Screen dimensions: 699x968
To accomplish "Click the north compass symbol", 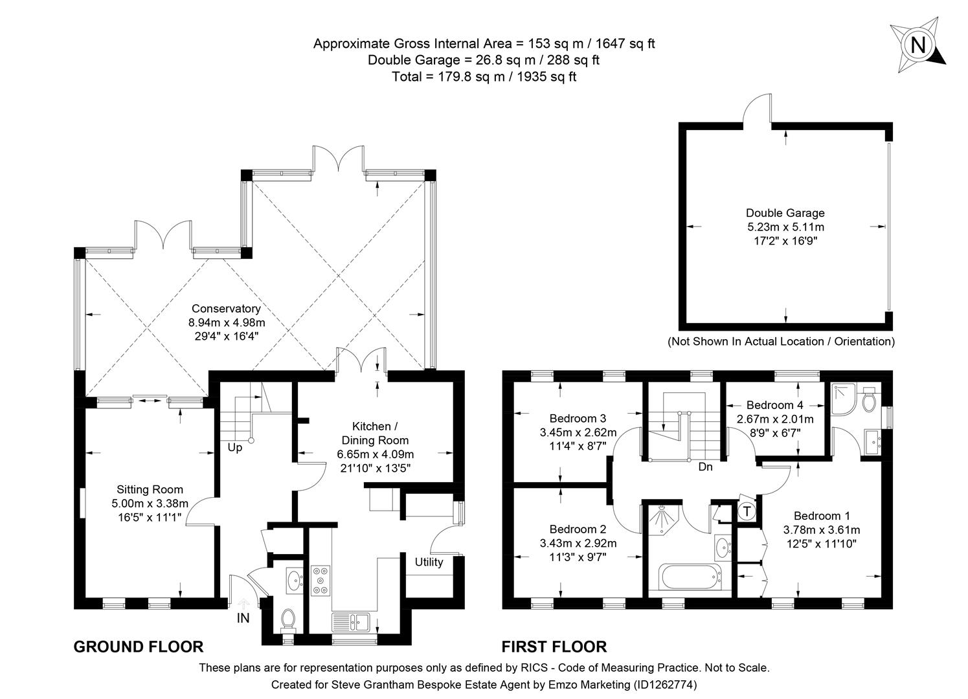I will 917,45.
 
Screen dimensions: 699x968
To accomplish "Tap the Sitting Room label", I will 150,489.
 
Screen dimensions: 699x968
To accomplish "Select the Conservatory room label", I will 226,309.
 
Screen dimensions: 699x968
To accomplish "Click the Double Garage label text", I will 785,212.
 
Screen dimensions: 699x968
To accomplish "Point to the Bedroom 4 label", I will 774,405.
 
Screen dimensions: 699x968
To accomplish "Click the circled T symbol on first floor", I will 747,511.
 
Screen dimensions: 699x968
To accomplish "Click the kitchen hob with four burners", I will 321,580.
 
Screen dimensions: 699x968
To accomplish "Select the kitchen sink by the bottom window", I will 350,622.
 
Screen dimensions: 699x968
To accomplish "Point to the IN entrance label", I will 243,618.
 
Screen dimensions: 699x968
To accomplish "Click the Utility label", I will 429,562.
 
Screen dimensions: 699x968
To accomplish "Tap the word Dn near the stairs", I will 705,466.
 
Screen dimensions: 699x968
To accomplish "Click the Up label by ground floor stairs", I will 234,447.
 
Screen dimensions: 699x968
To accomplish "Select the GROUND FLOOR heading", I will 139,646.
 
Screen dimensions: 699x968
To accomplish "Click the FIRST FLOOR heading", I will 554,646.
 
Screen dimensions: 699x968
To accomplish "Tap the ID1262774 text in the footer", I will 666,683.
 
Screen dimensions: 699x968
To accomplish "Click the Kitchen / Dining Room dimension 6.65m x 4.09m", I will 376,454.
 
